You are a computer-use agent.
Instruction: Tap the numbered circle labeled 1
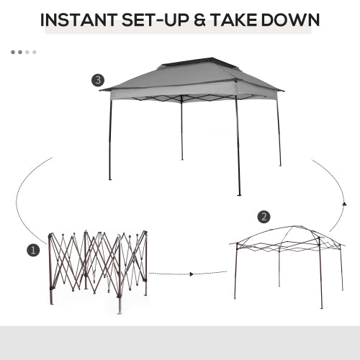32,251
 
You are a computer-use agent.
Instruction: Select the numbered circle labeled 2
264,216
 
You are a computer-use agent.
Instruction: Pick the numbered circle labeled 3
98,80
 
